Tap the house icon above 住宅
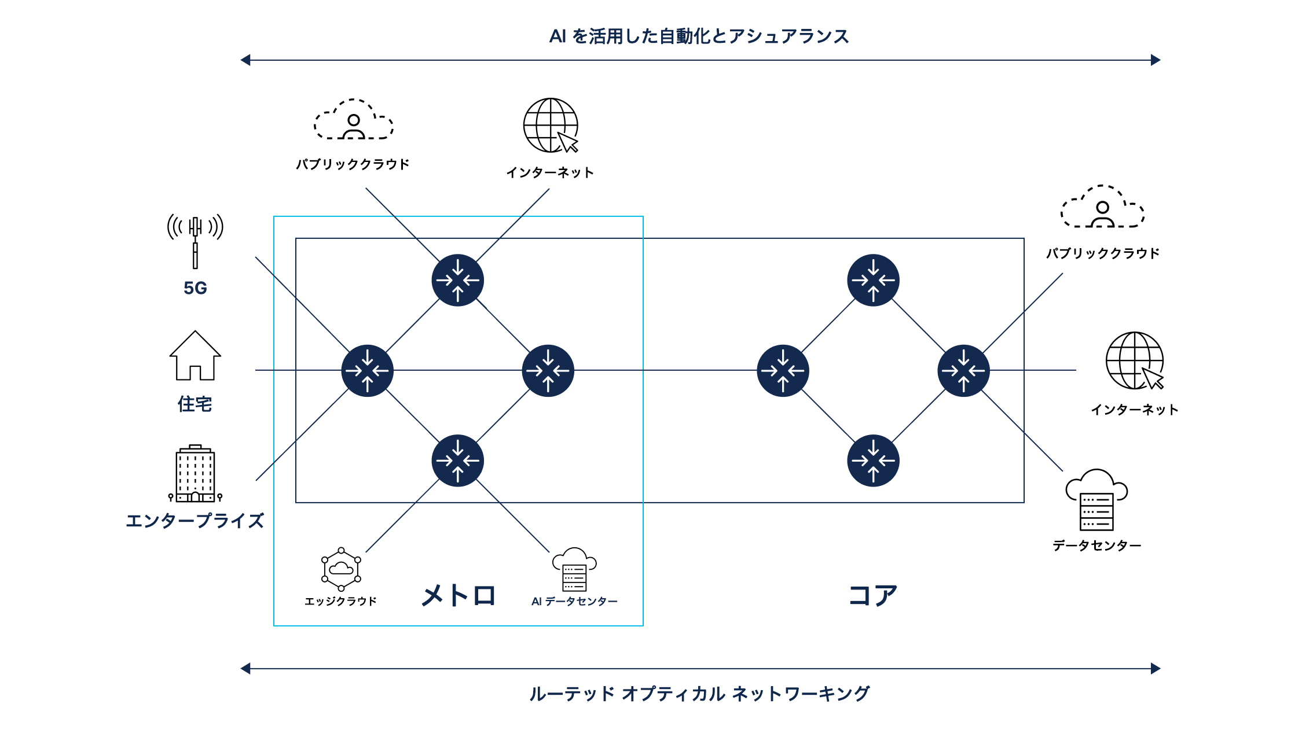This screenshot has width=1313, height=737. point(195,356)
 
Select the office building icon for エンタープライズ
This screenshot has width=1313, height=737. point(195,474)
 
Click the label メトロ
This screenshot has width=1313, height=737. point(459,595)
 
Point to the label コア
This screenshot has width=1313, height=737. point(872,595)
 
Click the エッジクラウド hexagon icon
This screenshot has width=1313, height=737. point(341,569)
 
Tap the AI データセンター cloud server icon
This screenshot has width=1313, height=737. point(574,569)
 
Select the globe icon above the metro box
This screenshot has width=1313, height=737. point(551,126)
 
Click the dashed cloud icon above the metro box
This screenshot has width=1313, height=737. point(353,120)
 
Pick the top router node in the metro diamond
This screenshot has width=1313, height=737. point(458,281)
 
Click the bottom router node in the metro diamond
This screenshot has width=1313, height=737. point(458,461)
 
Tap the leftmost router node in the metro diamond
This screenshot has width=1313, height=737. point(368,371)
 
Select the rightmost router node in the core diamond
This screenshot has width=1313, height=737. point(964,371)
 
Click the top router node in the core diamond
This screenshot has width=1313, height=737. point(873,281)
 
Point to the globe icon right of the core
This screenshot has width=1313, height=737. point(1135,361)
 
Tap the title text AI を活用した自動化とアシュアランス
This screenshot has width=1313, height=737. point(699,36)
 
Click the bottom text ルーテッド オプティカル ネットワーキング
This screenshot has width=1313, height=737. point(699,694)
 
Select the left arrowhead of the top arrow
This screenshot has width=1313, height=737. point(245,60)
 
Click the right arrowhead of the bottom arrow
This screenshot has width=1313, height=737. point(1156,669)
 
